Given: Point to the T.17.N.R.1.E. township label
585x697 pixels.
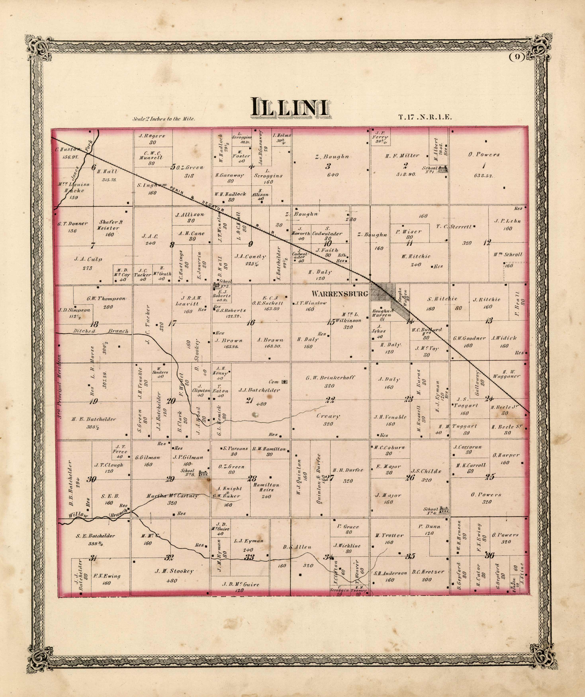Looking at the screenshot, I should pos(425,117).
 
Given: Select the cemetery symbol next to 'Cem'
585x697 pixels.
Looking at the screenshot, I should pos(284,382).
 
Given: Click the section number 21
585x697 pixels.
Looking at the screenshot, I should pos(249,400).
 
